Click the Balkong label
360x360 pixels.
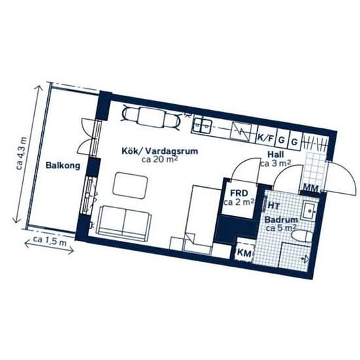[x=63, y=166]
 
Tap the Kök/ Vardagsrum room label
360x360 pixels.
[x=160, y=151]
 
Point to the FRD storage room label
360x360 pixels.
[x=239, y=193]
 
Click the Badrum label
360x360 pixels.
[x=281, y=220]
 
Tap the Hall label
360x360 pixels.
[x=276, y=154]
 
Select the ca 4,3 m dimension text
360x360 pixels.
[x=22, y=153]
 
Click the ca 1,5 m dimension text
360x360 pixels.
[x=50, y=241]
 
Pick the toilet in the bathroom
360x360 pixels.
[x=302, y=236]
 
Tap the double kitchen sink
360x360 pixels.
[x=202, y=125]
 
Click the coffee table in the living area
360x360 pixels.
[x=130, y=185]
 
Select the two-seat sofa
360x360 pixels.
[x=124, y=223]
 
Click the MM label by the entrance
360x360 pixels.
[x=311, y=189]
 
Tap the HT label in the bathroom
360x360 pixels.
[x=274, y=206]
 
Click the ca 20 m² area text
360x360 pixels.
[x=160, y=159]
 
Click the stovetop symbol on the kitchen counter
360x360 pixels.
[x=241, y=132]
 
